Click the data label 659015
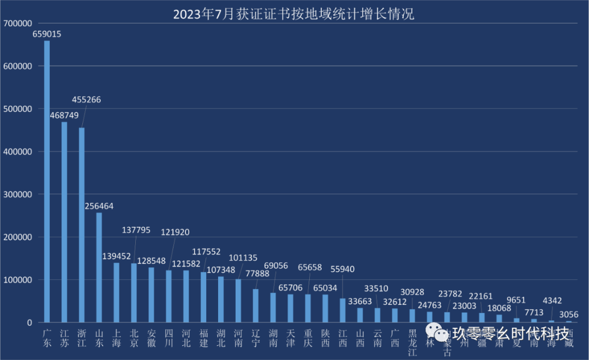[47, 34]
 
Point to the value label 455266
[86, 100]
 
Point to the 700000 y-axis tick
[18, 23]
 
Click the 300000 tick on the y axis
[18, 194]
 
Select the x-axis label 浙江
[82, 338]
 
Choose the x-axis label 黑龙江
[412, 343]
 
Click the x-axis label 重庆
[308, 338]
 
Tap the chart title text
[293, 14]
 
